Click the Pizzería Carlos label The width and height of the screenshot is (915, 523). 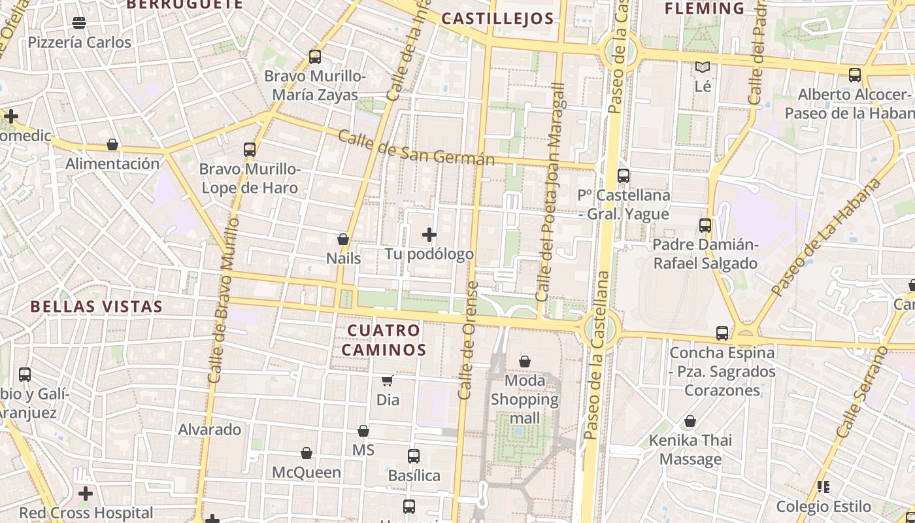tap(79, 42)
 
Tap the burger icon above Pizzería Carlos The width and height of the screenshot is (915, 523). tap(79, 23)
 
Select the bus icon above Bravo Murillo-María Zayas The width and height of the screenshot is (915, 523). tap(315, 57)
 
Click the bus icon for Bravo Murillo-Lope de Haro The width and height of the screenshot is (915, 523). tap(249, 150)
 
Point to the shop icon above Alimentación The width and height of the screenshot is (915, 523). tap(112, 144)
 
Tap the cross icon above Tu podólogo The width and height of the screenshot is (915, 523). tap(429, 235)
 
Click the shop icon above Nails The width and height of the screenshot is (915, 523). tap(343, 239)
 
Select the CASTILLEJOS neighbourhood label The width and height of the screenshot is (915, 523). tap(497, 18)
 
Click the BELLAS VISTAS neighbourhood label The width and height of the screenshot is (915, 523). tap(97, 306)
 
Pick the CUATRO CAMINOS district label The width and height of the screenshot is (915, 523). tap(384, 339)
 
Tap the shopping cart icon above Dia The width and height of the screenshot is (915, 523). tap(388, 380)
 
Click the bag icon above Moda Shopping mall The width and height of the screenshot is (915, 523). tap(525, 361)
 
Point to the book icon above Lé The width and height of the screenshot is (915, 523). tap(703, 67)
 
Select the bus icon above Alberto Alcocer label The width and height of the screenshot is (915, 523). tap(855, 75)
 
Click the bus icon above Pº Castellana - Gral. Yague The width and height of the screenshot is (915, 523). tap(624, 176)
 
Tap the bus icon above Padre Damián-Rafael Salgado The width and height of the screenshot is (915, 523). tap(705, 226)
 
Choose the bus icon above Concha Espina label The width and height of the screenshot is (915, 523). tap(722, 333)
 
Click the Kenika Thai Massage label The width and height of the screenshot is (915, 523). tap(690, 450)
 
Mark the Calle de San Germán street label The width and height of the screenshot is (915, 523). tap(416, 148)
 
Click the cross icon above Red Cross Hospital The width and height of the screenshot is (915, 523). tap(86, 494)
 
